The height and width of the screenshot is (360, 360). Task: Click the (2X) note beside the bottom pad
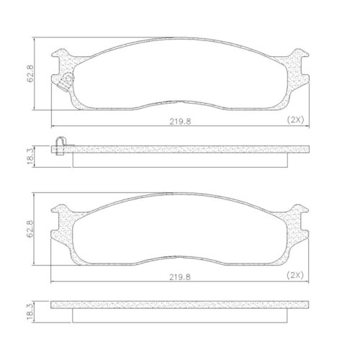click(x=297, y=274)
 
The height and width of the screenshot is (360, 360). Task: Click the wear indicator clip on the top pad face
click(x=66, y=81)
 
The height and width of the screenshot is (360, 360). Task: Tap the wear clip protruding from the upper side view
click(x=60, y=145)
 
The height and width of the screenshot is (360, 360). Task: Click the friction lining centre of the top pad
click(x=180, y=79)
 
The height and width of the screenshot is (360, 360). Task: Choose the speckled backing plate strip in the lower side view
click(x=180, y=305)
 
